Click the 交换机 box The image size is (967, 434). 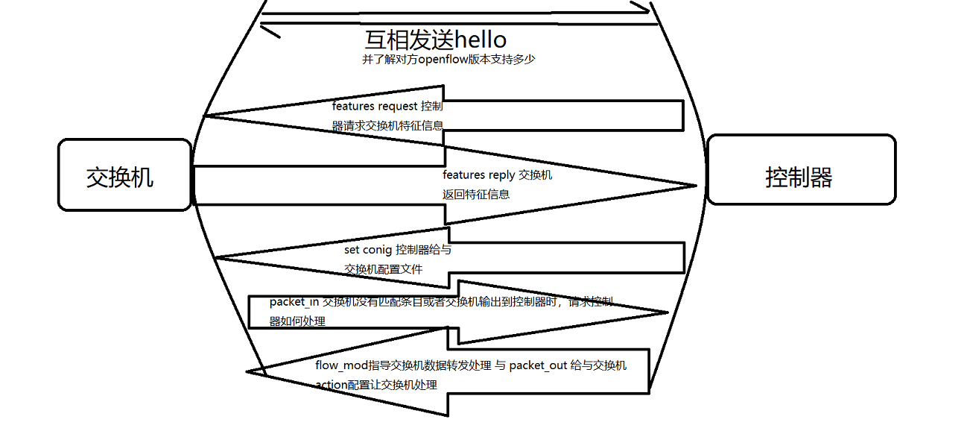point(124,175)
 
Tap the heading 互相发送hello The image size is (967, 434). point(435,39)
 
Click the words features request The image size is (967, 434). point(375,107)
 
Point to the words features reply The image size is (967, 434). point(479,175)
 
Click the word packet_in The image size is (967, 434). point(294,302)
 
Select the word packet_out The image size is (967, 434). point(539,365)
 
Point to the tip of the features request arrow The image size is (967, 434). point(206,116)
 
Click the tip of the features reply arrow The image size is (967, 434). point(695,185)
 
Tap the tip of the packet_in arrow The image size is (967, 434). point(667,313)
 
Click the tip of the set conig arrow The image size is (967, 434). point(216,258)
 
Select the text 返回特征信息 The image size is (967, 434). point(476,195)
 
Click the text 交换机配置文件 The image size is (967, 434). point(383,269)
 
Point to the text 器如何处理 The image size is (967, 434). point(297,321)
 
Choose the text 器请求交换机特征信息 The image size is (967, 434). point(387,126)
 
